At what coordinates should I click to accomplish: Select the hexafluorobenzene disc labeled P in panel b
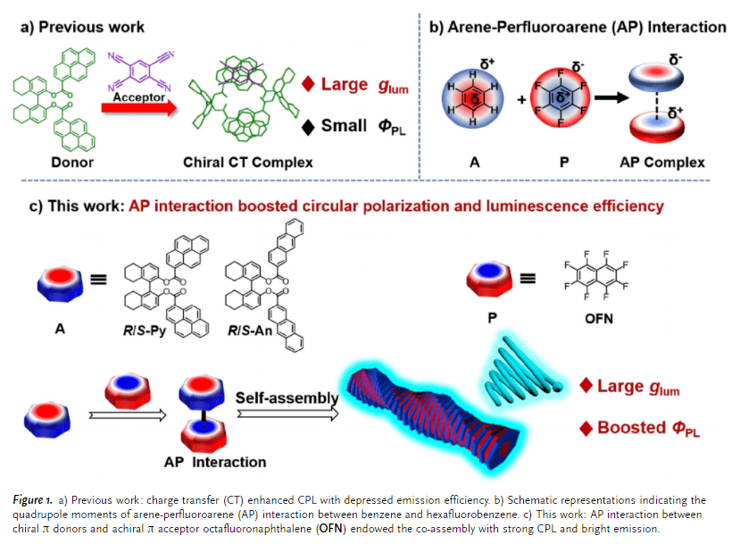(x=561, y=97)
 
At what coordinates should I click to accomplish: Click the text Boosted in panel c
(x=630, y=427)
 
